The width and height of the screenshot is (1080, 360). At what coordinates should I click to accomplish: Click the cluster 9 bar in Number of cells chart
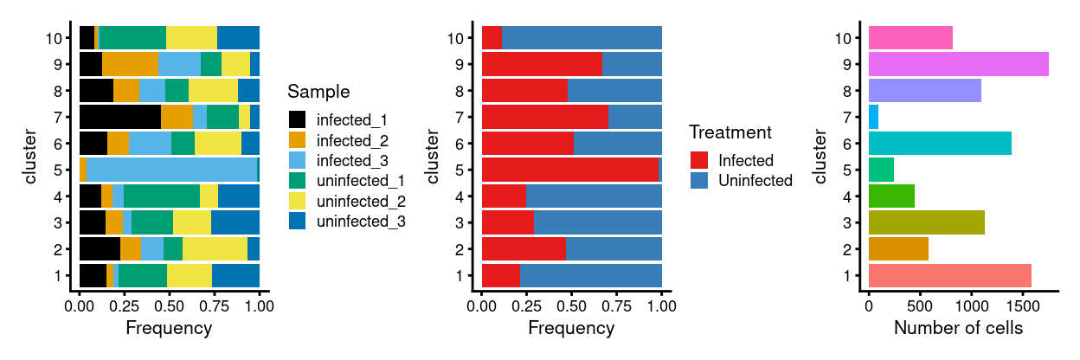click(x=958, y=64)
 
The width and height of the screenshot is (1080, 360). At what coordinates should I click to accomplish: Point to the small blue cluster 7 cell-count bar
click(x=873, y=117)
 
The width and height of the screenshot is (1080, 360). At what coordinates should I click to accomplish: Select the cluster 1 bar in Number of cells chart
click(x=949, y=275)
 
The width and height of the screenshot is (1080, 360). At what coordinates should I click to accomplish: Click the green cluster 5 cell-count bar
click(x=881, y=170)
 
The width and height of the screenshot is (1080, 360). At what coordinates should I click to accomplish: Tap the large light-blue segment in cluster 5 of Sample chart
click(x=171, y=170)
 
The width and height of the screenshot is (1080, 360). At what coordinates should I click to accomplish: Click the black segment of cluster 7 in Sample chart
click(x=119, y=117)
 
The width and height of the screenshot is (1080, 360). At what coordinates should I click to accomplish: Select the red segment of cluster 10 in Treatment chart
click(x=492, y=38)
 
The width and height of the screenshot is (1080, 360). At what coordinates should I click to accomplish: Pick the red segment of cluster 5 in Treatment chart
click(x=570, y=170)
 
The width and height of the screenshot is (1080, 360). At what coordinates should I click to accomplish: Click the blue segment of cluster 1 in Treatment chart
click(x=591, y=275)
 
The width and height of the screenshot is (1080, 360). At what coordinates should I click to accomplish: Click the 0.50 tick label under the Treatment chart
click(x=571, y=305)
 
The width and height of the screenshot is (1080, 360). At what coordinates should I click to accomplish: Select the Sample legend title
click(x=318, y=92)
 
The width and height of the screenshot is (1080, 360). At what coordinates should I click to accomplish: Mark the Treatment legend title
click(x=730, y=133)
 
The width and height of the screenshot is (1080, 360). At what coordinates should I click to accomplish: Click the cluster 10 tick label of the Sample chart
click(x=55, y=38)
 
